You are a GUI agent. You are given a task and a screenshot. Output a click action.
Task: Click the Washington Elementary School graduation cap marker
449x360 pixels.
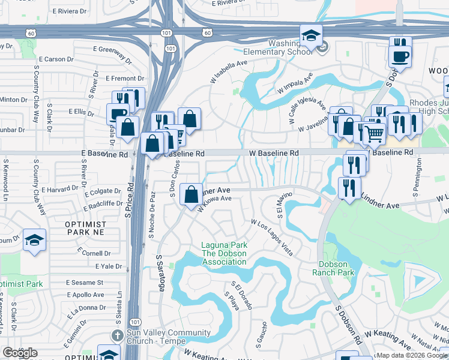pos(311,37)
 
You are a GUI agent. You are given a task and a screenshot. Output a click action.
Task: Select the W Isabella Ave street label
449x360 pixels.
pos(228,71)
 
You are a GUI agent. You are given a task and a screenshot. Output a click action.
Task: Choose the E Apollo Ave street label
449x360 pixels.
pos(85,295)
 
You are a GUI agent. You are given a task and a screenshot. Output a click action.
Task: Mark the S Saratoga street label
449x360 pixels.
pos(160,273)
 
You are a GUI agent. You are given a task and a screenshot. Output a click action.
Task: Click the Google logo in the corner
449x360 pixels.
pos(19,353)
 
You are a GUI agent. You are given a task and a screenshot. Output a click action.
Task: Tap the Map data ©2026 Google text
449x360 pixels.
pos(411,355)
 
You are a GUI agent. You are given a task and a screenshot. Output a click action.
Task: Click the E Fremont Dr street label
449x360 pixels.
pos(124,79)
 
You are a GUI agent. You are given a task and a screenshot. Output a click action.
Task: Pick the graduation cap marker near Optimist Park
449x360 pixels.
pos(35,241)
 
